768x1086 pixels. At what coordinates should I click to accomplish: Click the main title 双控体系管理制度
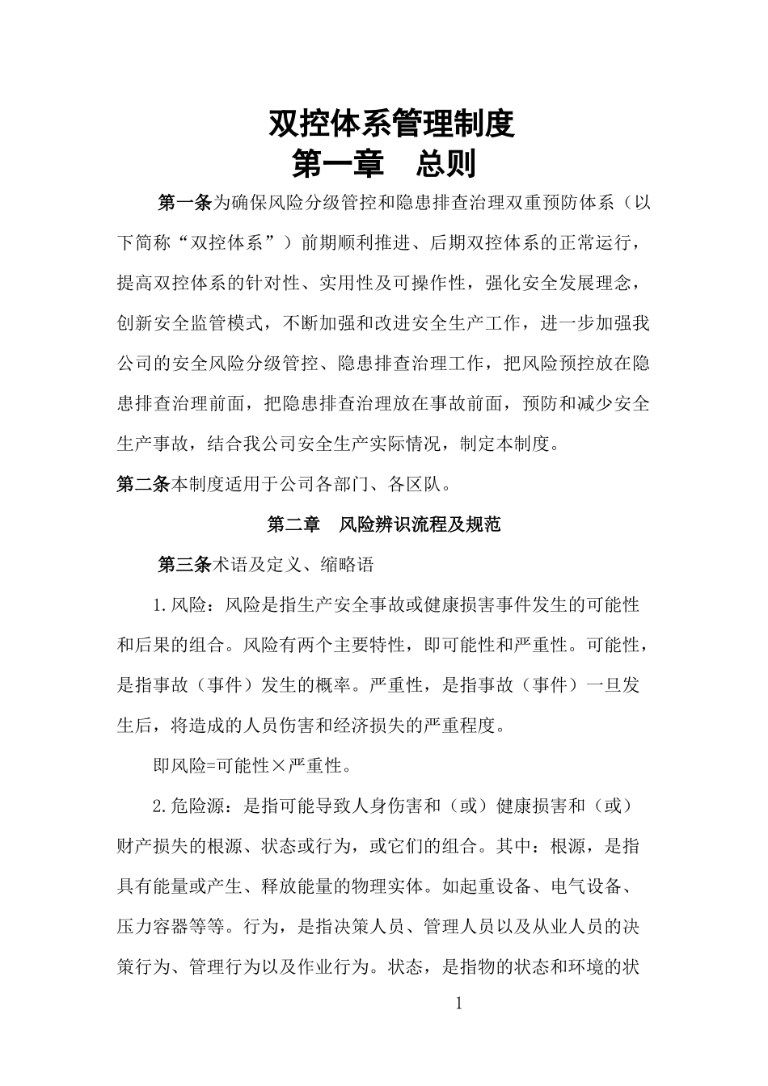[391, 124]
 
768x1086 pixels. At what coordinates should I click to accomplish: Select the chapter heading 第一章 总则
[384, 164]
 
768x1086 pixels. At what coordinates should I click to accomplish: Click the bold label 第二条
[143, 485]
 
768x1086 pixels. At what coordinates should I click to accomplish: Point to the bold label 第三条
[184, 565]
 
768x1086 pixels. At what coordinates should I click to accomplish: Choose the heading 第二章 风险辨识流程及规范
[384, 525]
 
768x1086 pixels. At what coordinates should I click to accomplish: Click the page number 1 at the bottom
[459, 1004]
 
